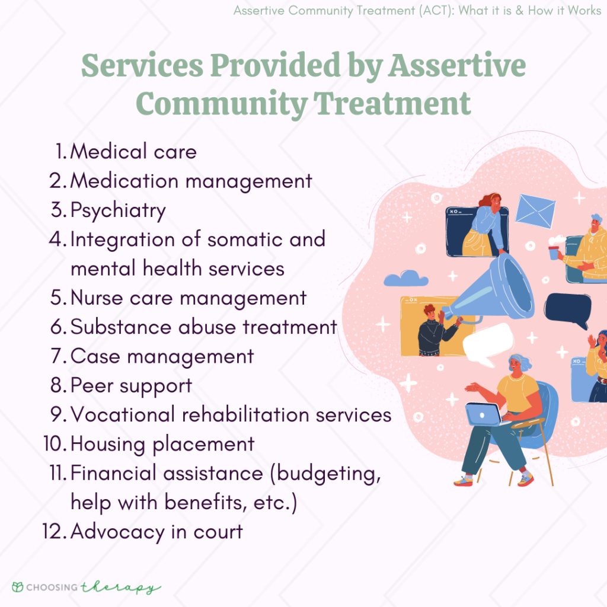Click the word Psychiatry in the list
(x=118, y=211)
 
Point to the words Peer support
(x=131, y=386)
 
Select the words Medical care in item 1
(x=133, y=152)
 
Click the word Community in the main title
(x=221, y=104)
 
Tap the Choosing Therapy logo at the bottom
(x=87, y=587)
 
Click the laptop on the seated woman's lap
(x=483, y=414)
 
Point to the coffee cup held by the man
(x=554, y=252)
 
